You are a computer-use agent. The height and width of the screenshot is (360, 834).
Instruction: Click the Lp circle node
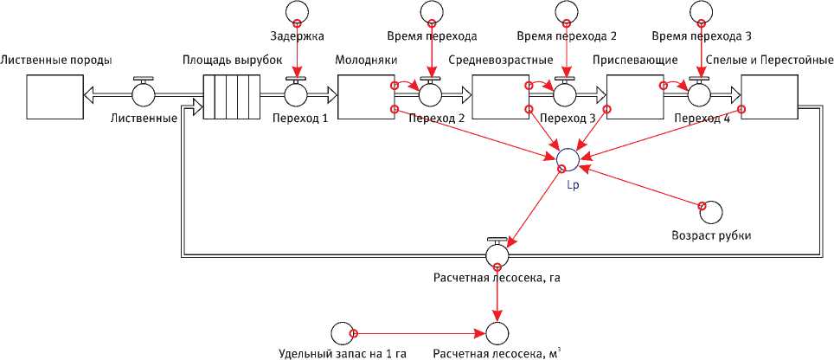(x=568, y=158)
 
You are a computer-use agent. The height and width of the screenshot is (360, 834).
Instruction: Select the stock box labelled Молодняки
(x=364, y=96)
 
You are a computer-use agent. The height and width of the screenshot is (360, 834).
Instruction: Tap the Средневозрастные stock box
(x=499, y=96)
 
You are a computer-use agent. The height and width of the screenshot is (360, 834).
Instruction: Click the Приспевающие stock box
(x=634, y=96)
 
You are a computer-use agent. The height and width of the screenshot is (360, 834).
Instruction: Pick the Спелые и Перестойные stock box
(x=769, y=96)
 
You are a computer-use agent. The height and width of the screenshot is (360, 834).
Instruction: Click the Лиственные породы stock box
(x=53, y=96)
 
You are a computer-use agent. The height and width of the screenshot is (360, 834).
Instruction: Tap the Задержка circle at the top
(x=296, y=10)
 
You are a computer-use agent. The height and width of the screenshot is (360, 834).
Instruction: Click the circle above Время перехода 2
(x=566, y=10)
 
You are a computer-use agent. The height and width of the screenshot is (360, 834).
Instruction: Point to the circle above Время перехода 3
(x=700, y=10)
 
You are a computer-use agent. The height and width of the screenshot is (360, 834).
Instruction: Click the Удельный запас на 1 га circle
(x=342, y=333)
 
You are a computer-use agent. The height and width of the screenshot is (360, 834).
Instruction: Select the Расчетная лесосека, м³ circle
(x=497, y=333)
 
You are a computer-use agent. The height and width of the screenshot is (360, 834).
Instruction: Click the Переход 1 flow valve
(x=296, y=93)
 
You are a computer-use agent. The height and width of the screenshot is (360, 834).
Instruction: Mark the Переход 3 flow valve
(x=566, y=93)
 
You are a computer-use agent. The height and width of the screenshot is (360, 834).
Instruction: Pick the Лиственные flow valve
(x=144, y=93)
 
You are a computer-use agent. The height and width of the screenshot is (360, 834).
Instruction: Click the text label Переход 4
(x=702, y=119)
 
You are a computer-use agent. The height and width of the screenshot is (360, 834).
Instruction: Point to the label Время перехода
(x=432, y=36)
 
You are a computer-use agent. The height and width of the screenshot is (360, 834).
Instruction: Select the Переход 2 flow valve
(x=431, y=93)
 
